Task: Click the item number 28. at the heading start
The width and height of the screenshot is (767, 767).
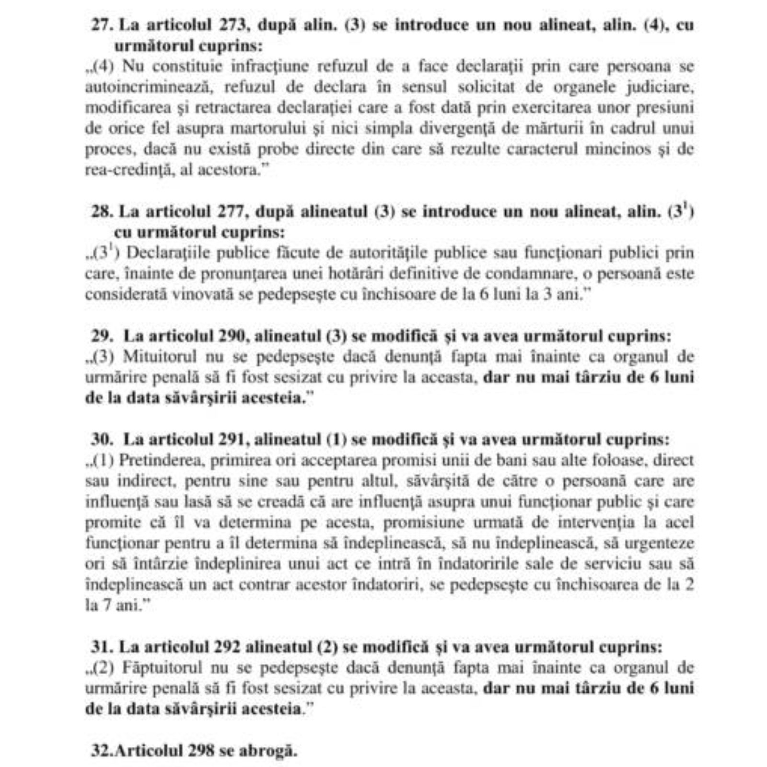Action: (x=102, y=211)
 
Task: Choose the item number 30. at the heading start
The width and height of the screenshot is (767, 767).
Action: (x=102, y=439)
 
